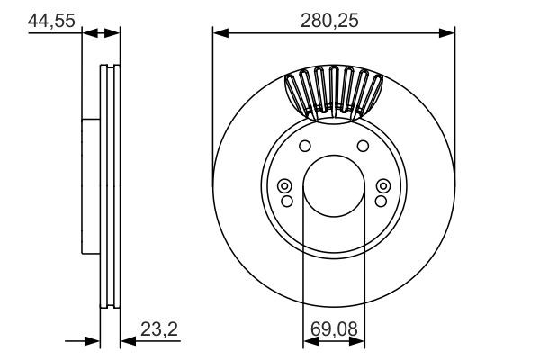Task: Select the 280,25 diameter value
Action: [334, 20]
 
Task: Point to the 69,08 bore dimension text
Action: [333, 329]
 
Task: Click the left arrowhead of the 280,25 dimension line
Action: [219, 33]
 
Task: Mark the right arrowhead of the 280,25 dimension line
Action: [449, 33]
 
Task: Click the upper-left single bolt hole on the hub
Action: [304, 147]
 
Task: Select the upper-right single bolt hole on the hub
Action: [363, 147]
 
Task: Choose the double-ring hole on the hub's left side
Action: [285, 186]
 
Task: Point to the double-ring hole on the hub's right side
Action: [382, 186]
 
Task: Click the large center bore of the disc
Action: [333, 187]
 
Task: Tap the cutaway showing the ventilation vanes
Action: [333, 94]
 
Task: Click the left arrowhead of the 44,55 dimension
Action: [88, 33]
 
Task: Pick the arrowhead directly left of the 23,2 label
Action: [125, 340]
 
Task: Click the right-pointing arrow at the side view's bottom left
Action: [93, 340]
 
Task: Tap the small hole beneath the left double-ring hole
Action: [285, 200]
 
